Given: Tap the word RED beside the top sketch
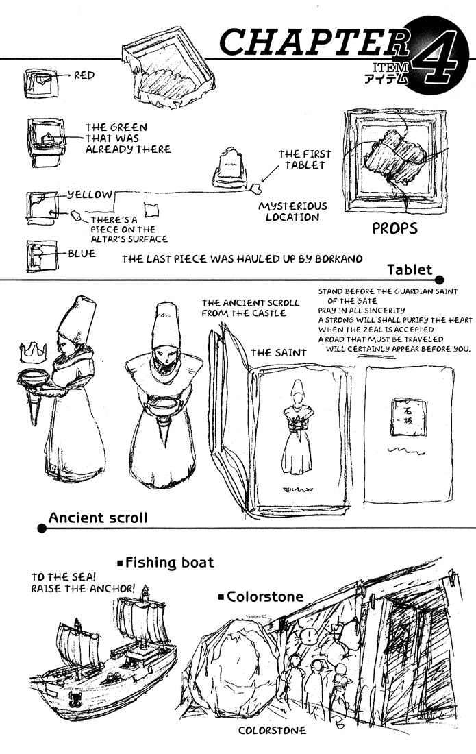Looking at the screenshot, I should tap(85, 75).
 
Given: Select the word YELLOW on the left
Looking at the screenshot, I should tap(89, 195).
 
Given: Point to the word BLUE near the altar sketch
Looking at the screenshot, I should tap(82, 253).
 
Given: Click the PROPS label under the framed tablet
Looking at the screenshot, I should tap(394, 228).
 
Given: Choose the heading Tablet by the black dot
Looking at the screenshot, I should tap(410, 269).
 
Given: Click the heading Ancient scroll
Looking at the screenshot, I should tap(97, 518).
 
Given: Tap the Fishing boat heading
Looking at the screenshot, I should tap(170, 563).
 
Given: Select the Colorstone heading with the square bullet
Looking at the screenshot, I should tap(264, 597).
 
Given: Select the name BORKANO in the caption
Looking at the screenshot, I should tap(335, 258).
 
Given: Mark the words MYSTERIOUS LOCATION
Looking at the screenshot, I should tap(292, 211).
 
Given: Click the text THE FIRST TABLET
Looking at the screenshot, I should tap(302, 160).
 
